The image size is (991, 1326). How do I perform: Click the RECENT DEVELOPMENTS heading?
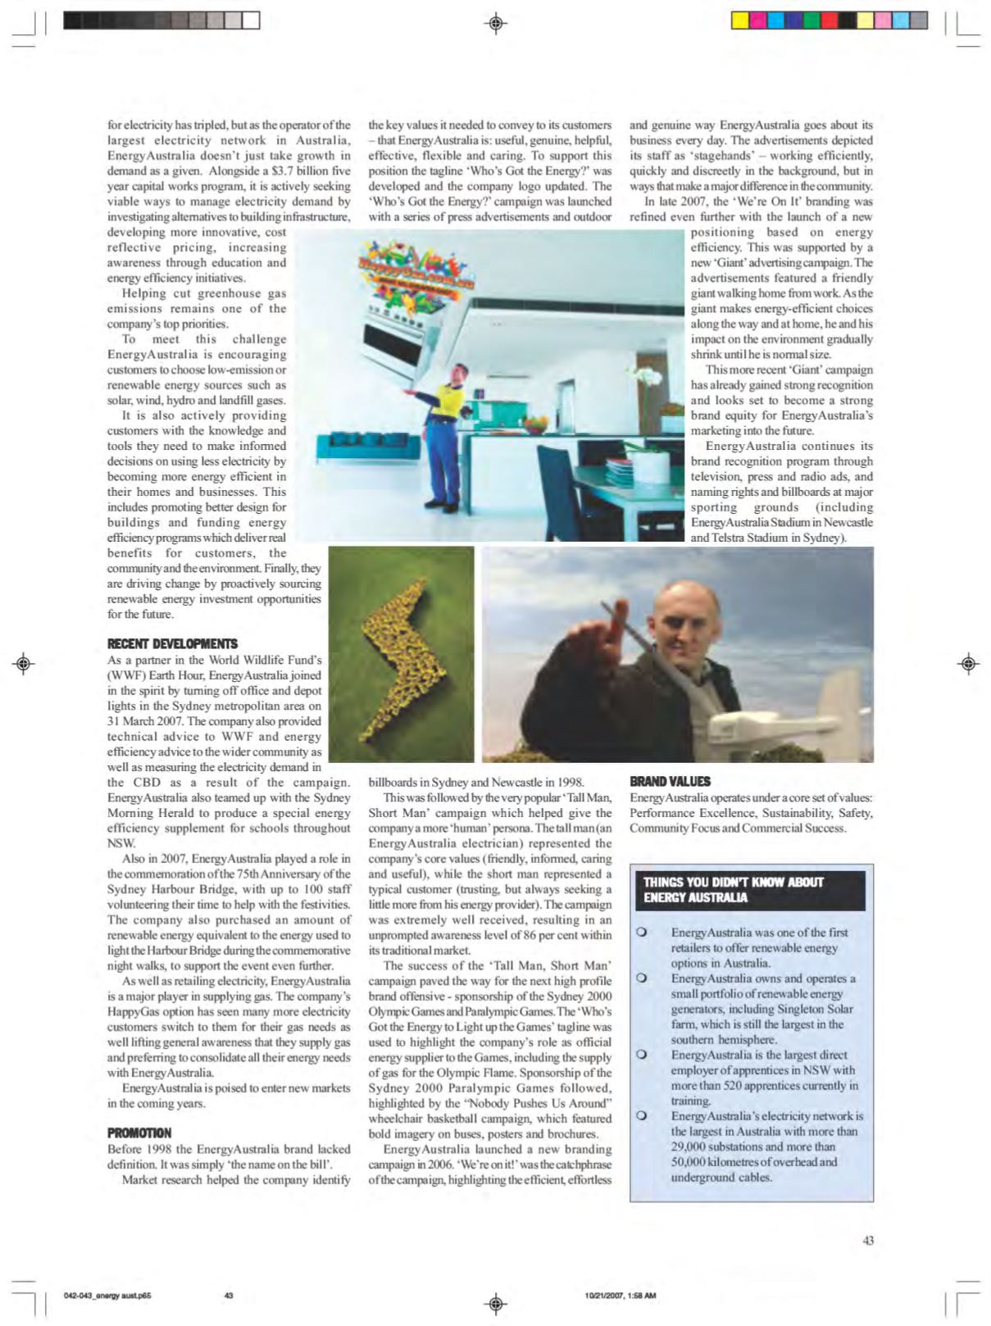point(172,644)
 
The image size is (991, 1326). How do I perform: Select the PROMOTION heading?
point(139,1133)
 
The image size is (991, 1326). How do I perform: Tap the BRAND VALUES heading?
point(670,782)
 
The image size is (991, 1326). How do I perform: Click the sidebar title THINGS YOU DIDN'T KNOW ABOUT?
point(733,883)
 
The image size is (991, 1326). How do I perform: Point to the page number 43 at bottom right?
point(868,1241)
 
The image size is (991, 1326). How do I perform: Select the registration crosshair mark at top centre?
point(495,24)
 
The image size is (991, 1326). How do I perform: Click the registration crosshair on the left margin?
point(24,662)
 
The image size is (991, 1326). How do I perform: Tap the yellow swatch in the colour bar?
point(739,20)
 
